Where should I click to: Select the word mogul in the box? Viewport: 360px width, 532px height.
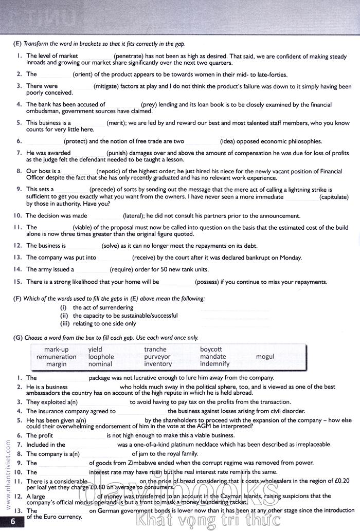[x=265, y=357]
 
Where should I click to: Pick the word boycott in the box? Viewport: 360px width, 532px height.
[x=211, y=350]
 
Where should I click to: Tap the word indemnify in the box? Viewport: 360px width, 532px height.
[x=214, y=364]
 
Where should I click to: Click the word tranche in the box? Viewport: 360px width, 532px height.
[x=155, y=350]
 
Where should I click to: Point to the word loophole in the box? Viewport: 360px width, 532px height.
[x=101, y=357]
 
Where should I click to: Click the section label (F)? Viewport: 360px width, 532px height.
[x=17, y=298]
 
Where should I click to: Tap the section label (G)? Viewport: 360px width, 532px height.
[x=17, y=337]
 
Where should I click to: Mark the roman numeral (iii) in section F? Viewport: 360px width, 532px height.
[x=64, y=324]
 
